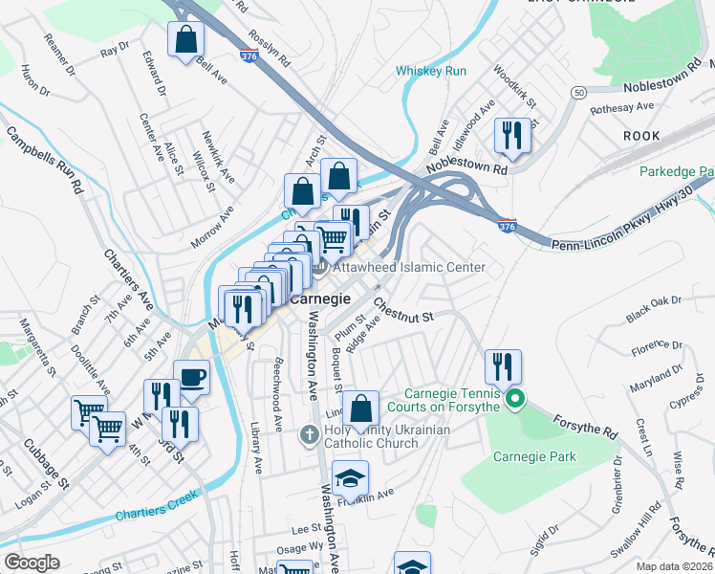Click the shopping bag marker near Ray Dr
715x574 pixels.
click(186, 40)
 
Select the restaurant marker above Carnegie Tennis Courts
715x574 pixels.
click(503, 366)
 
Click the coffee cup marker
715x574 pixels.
click(191, 377)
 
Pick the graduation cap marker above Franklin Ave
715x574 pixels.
click(351, 477)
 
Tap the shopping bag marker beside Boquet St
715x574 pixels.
click(360, 408)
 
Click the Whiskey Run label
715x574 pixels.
click(431, 71)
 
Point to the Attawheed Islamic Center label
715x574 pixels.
click(409, 267)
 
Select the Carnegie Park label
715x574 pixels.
click(534, 456)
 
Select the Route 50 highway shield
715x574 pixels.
click(578, 93)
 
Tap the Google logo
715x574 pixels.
click(32, 563)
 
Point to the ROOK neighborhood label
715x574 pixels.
click(641, 136)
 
